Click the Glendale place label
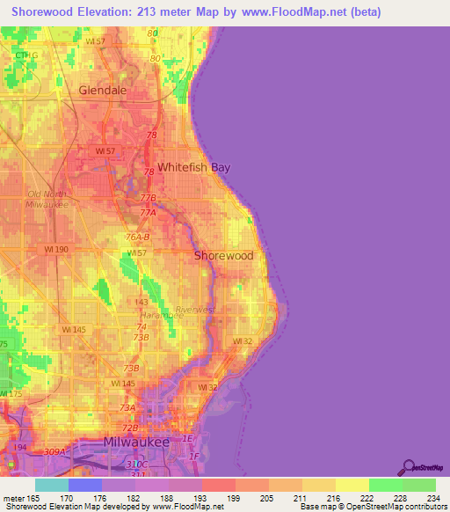[x=103, y=90]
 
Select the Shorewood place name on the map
[x=223, y=256]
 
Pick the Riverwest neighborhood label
[x=194, y=310]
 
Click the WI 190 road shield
[x=56, y=250]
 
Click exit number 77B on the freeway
[x=148, y=198]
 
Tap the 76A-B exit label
[x=138, y=238]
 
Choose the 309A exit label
[x=55, y=452]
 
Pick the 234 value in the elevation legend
[x=434, y=498]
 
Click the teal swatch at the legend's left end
[x=51, y=485]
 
